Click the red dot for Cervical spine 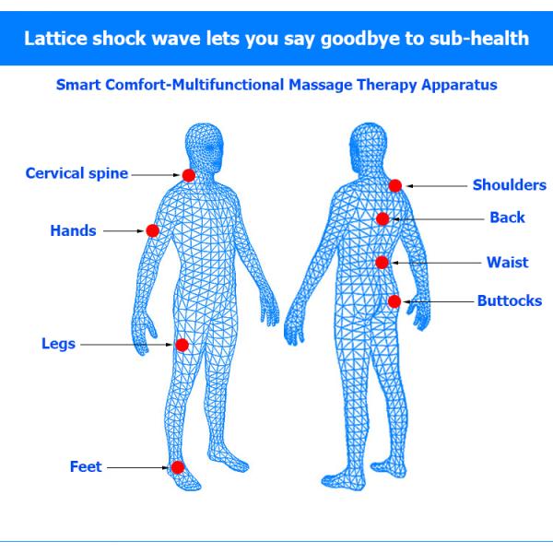[188, 175]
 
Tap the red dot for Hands [153, 230]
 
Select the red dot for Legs [182, 345]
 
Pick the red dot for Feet [177, 467]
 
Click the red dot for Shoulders [395, 185]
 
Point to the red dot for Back [382, 218]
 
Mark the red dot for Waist [382, 263]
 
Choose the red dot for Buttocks [394, 301]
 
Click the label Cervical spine [76, 173]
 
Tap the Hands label [73, 230]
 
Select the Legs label [58, 345]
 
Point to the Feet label [86, 467]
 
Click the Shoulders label [509, 185]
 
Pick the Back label [507, 218]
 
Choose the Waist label [508, 263]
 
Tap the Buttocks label [509, 301]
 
